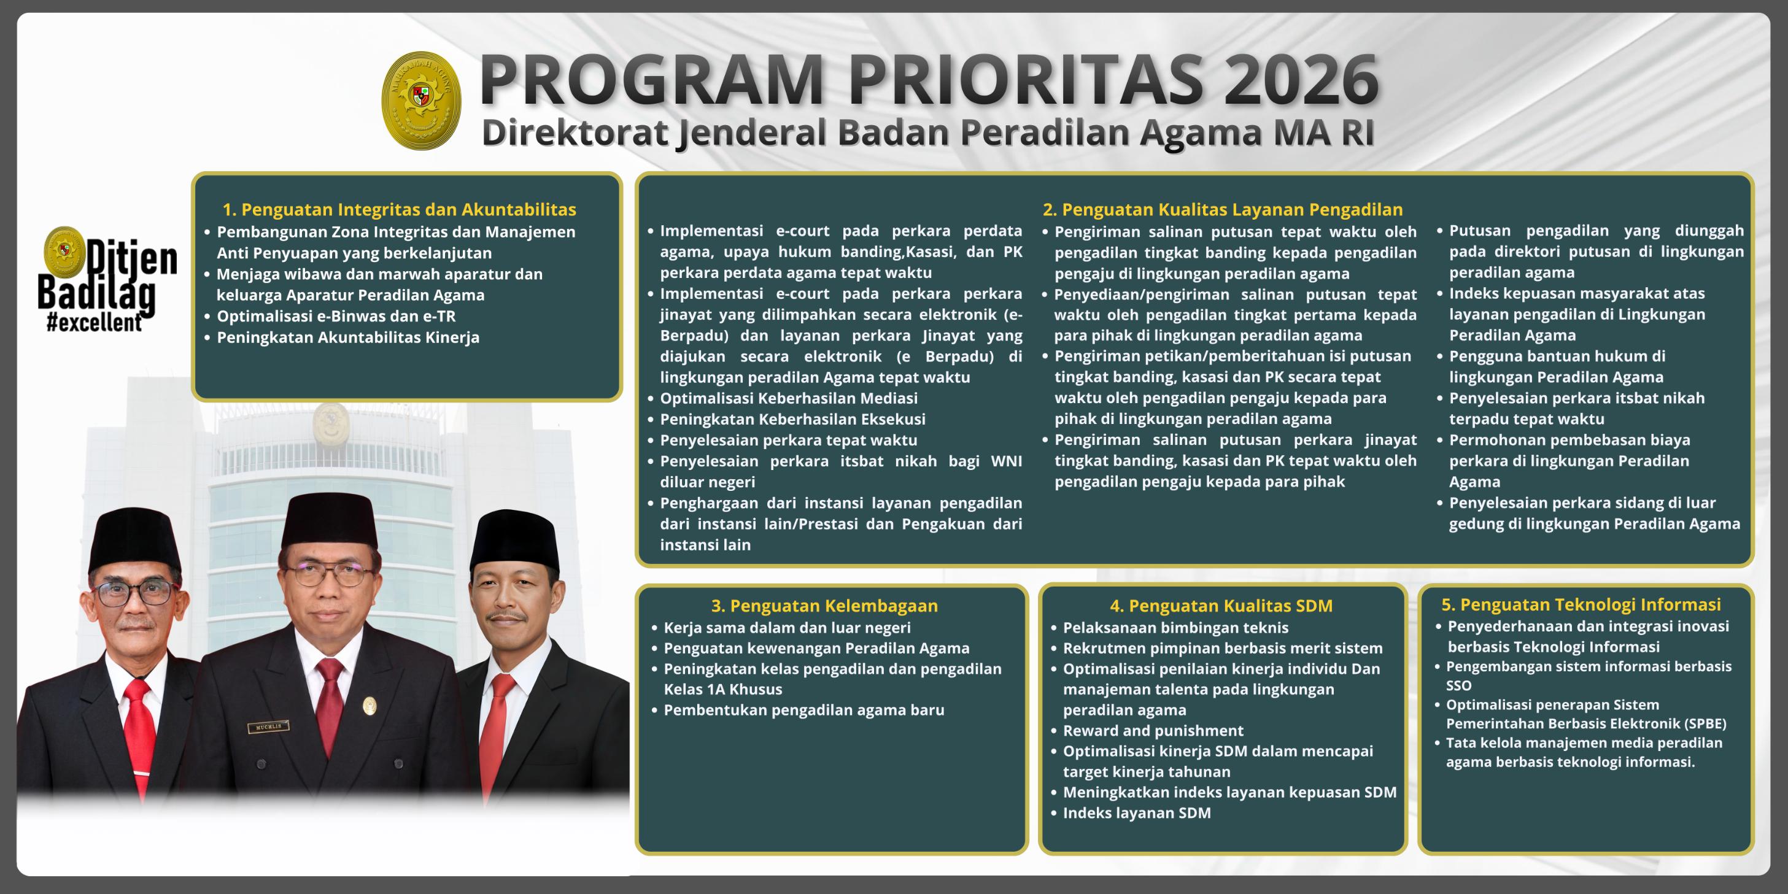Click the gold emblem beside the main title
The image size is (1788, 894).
421,100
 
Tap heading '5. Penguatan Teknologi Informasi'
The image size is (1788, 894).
1581,604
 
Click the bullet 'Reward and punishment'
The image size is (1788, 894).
1153,730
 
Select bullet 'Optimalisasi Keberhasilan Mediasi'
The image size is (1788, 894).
789,398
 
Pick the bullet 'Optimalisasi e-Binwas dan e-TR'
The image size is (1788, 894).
336,316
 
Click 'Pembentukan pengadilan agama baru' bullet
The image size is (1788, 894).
803,709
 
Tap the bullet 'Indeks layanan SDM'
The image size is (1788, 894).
1136,812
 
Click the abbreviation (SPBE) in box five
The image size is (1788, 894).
1705,723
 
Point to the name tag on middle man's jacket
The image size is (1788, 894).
268,726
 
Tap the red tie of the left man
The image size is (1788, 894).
139,729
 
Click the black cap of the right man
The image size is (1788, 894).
514,538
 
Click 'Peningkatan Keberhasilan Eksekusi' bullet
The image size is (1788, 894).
792,418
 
